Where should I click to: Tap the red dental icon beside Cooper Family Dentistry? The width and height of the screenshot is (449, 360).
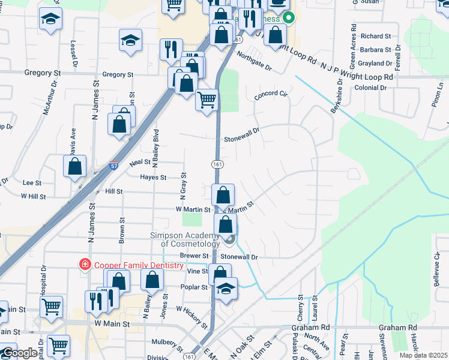point(86,265)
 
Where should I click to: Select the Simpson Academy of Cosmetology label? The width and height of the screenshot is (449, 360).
point(190,239)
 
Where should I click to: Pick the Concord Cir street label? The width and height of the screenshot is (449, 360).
point(271,95)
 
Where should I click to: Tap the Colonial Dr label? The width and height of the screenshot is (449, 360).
point(370,88)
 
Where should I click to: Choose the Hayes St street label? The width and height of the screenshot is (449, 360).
point(153,178)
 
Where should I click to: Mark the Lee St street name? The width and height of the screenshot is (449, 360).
point(32,182)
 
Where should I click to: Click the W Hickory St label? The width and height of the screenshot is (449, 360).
point(196,316)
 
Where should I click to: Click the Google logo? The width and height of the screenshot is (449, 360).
point(20,353)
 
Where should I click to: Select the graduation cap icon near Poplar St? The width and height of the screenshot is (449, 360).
point(226,289)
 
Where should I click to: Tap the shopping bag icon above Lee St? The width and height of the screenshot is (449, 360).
point(75,168)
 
